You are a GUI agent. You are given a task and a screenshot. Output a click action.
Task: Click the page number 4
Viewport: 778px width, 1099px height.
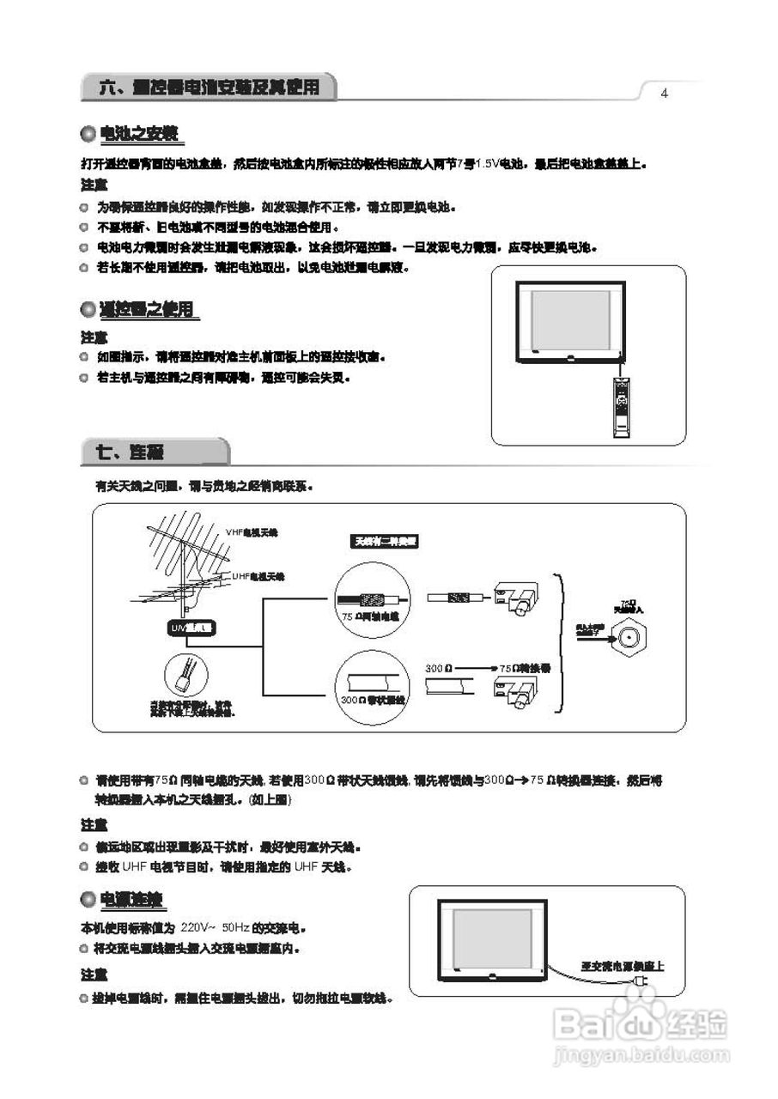click(664, 94)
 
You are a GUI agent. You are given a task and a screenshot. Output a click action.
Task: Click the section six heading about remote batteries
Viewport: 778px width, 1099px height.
click(209, 87)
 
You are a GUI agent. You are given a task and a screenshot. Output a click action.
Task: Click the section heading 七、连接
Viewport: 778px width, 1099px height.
click(134, 451)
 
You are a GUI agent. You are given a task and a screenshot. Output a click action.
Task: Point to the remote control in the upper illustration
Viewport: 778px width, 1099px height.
click(621, 407)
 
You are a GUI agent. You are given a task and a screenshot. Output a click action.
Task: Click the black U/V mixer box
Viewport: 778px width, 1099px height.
click(191, 628)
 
